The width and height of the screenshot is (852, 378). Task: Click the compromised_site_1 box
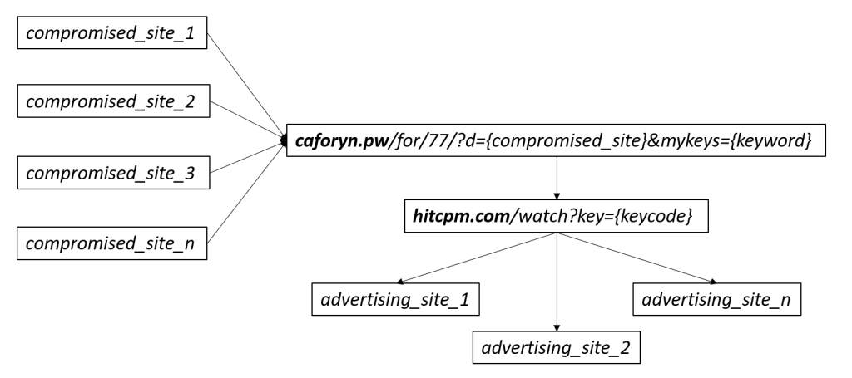[x=112, y=32]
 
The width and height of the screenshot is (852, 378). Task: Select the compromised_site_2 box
[x=113, y=101]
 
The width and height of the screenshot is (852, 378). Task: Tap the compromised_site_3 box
[x=113, y=173]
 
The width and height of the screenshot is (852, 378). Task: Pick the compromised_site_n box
[x=112, y=243]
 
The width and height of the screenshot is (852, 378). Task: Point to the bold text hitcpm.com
[x=461, y=216]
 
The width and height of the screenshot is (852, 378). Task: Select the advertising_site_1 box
[x=395, y=299]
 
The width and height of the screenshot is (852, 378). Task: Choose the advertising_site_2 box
[x=557, y=347]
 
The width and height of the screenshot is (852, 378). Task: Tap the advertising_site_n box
[x=716, y=299]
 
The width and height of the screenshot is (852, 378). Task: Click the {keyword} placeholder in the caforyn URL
[x=771, y=140]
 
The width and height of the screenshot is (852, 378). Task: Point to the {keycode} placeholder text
[x=656, y=216]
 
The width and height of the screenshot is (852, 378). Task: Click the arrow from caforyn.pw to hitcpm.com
[x=557, y=178]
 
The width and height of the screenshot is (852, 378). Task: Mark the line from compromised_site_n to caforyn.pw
[x=245, y=193]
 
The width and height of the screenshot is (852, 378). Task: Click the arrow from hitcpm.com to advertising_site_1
[x=477, y=258]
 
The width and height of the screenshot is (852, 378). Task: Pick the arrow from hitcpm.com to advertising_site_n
[x=637, y=258]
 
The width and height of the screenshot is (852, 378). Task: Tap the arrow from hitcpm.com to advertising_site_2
[x=557, y=282]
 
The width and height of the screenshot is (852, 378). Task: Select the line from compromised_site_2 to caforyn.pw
[x=246, y=120]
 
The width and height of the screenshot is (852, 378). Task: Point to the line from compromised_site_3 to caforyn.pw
[x=246, y=157]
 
